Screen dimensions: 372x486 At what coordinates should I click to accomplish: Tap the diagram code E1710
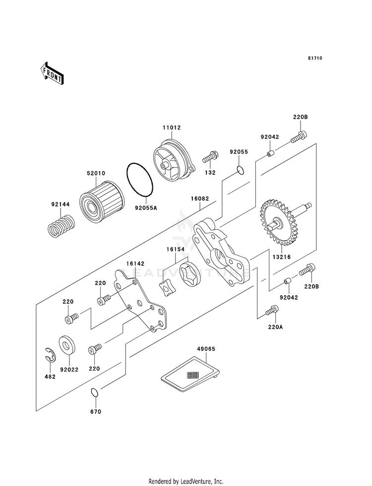click(315, 58)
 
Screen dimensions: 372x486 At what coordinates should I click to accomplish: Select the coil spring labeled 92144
click(62, 225)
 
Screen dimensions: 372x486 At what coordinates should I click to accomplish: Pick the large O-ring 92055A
click(140, 179)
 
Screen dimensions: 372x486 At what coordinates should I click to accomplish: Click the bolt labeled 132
click(210, 157)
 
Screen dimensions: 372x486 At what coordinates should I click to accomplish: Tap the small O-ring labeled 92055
click(240, 170)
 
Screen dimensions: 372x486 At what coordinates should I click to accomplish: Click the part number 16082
click(200, 199)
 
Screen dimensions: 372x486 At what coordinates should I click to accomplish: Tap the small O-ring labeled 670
click(95, 392)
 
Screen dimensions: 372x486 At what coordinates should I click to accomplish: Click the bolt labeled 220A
click(272, 311)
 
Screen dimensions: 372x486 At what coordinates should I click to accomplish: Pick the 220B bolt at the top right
click(299, 137)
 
